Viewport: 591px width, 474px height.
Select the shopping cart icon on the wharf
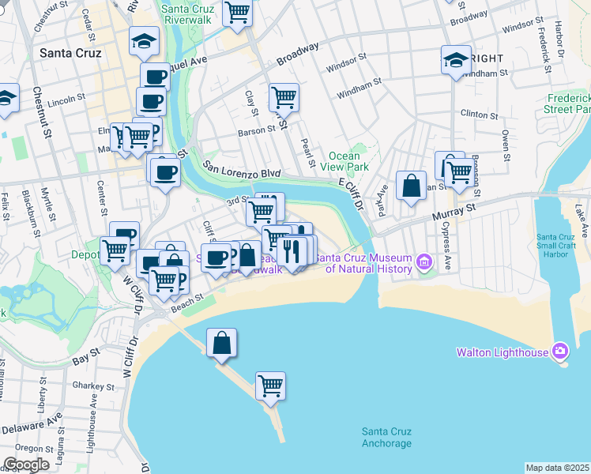tap(270, 386)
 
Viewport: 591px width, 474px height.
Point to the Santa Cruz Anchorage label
tap(386, 437)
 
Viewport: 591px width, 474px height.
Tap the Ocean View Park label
tap(348, 162)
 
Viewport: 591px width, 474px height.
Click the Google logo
tap(26, 465)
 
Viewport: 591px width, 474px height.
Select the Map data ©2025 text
tap(557, 468)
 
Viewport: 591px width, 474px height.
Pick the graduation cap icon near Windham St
tap(456, 59)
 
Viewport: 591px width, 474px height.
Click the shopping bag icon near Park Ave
tap(411, 186)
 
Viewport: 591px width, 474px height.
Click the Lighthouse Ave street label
tap(91, 427)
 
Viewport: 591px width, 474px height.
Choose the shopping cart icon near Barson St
tap(284, 98)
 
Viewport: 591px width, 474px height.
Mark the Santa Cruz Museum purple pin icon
tap(425, 261)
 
